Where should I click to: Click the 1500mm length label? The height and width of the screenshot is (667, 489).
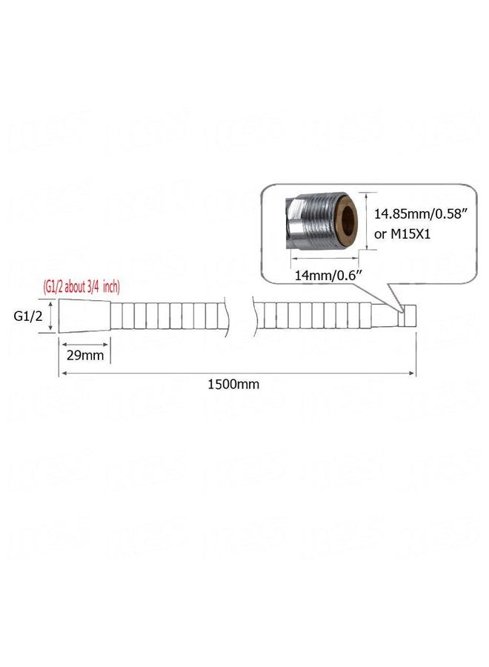click(x=233, y=384)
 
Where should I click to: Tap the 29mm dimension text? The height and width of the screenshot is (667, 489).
click(x=85, y=355)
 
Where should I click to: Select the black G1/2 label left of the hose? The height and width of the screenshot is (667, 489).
click(x=28, y=316)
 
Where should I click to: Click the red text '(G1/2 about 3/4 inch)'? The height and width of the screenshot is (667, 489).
click(x=81, y=287)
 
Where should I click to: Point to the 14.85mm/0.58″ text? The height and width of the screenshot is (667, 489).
click(x=418, y=213)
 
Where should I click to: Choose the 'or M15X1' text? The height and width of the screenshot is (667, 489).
click(x=402, y=233)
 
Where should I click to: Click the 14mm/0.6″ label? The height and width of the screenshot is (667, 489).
click(x=328, y=275)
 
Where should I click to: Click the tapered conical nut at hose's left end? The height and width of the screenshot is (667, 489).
click(x=84, y=316)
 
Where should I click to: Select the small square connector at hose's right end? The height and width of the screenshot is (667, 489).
click(x=408, y=315)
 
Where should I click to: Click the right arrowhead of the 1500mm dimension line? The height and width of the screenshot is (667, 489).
click(x=412, y=373)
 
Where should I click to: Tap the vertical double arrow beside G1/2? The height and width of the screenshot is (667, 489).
click(x=50, y=316)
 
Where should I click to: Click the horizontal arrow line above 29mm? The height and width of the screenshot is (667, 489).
click(x=84, y=344)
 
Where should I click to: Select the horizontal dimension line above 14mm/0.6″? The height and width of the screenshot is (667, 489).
click(x=325, y=257)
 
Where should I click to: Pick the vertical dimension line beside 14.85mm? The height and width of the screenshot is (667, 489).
click(x=367, y=221)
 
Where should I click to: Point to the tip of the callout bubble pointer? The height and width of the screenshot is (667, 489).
click(x=402, y=313)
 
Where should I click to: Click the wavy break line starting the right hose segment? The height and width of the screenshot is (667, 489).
click(x=254, y=315)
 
